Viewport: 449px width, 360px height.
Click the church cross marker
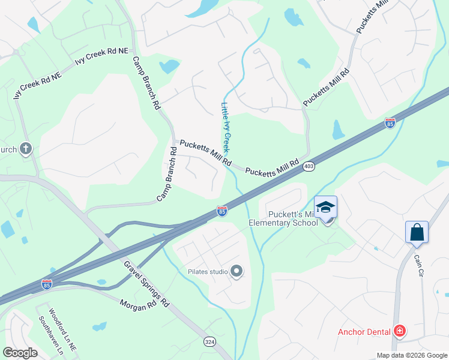click(25, 148)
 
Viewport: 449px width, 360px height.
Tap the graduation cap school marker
click(325, 208)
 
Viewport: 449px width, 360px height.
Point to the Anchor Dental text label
click(364, 332)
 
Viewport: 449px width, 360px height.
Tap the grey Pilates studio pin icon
click(237, 272)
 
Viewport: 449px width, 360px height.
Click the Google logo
click(21, 352)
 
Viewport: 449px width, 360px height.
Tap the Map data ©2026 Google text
click(411, 355)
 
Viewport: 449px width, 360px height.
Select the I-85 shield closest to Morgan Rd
click(47, 284)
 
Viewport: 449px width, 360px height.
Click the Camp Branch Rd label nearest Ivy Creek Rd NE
click(146, 83)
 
